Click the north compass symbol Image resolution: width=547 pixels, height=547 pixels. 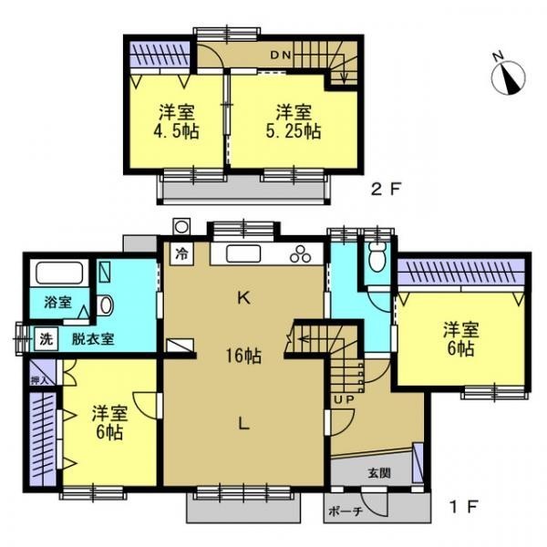coord(508,76)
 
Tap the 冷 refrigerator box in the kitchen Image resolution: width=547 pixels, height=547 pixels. coord(181,253)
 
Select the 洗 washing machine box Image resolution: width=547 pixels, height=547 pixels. coord(46,339)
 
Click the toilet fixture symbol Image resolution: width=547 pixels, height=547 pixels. coord(377,257)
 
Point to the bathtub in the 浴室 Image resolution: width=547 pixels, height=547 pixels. coord(59,273)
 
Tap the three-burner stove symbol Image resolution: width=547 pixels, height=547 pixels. coord(300,254)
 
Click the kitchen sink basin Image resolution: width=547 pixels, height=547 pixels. coord(243,253)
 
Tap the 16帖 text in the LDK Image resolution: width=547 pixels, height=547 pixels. coord(243,356)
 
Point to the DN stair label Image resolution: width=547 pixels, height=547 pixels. coord(281,55)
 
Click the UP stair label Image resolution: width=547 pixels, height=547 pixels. coord(344,399)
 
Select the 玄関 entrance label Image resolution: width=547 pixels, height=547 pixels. coord(379,473)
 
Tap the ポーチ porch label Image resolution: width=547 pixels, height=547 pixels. coord(346,511)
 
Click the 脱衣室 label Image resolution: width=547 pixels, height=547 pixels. coord(93,339)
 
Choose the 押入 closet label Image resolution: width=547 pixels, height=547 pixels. coord(38,380)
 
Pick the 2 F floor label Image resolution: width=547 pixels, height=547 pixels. coord(386,190)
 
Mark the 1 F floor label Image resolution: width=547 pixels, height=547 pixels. coord(464,507)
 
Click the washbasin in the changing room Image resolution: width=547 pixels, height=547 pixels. coord(106,305)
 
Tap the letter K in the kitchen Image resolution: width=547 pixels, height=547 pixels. coord(243,298)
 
